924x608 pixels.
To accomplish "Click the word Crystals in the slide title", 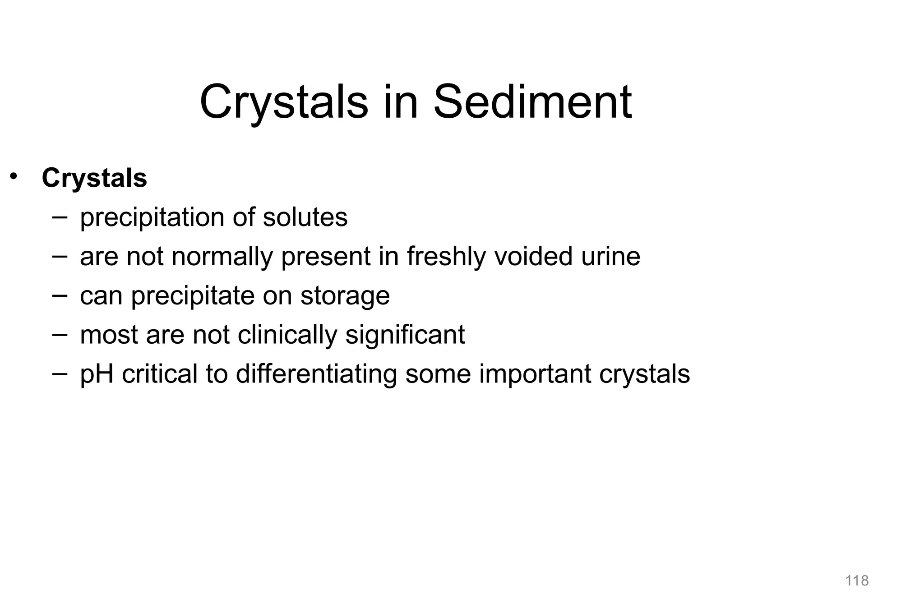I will pos(283,103).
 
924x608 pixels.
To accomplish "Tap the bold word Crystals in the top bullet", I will pos(94,178).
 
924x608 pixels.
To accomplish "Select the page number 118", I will pos(857,580).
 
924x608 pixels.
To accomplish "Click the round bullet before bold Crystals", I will pos(14,176).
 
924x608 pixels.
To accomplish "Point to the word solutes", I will pos(305,217).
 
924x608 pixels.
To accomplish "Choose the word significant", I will pos(405,335).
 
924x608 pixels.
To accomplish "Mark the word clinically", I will pos(287,335).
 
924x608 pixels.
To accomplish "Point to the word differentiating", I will pos(316,374).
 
